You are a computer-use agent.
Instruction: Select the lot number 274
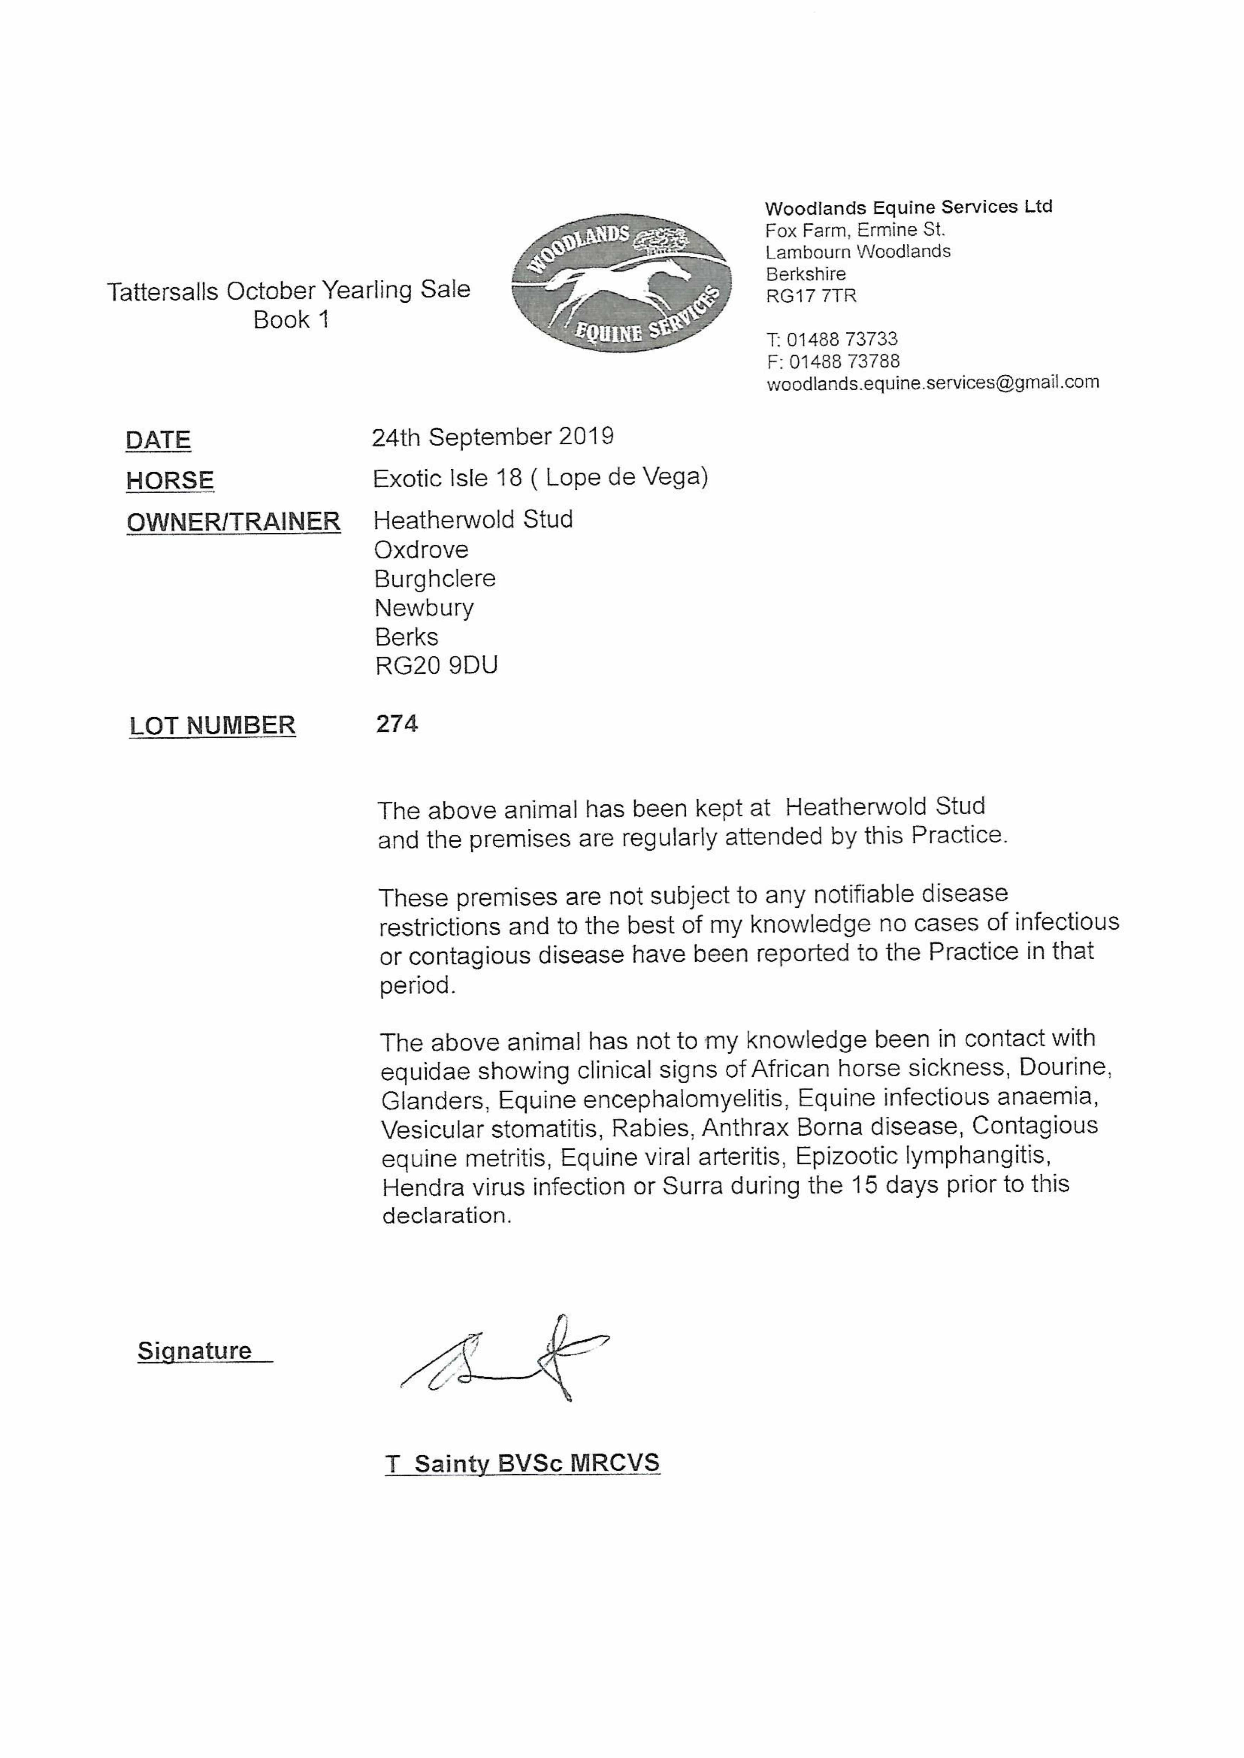[397, 724]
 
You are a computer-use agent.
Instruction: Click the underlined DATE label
[158, 440]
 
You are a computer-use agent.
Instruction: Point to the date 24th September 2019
[492, 437]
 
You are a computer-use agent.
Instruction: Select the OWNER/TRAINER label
[233, 522]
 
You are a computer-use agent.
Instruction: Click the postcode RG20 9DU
[436, 665]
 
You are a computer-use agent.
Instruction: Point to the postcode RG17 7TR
[811, 296]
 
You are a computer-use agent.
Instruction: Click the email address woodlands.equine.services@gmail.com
[932, 382]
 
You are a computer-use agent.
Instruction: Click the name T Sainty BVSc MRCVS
[522, 1463]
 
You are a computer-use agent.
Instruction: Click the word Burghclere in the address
[434, 578]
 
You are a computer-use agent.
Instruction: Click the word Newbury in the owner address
[424, 608]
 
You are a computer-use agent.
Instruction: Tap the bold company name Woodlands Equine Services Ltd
[909, 207]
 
